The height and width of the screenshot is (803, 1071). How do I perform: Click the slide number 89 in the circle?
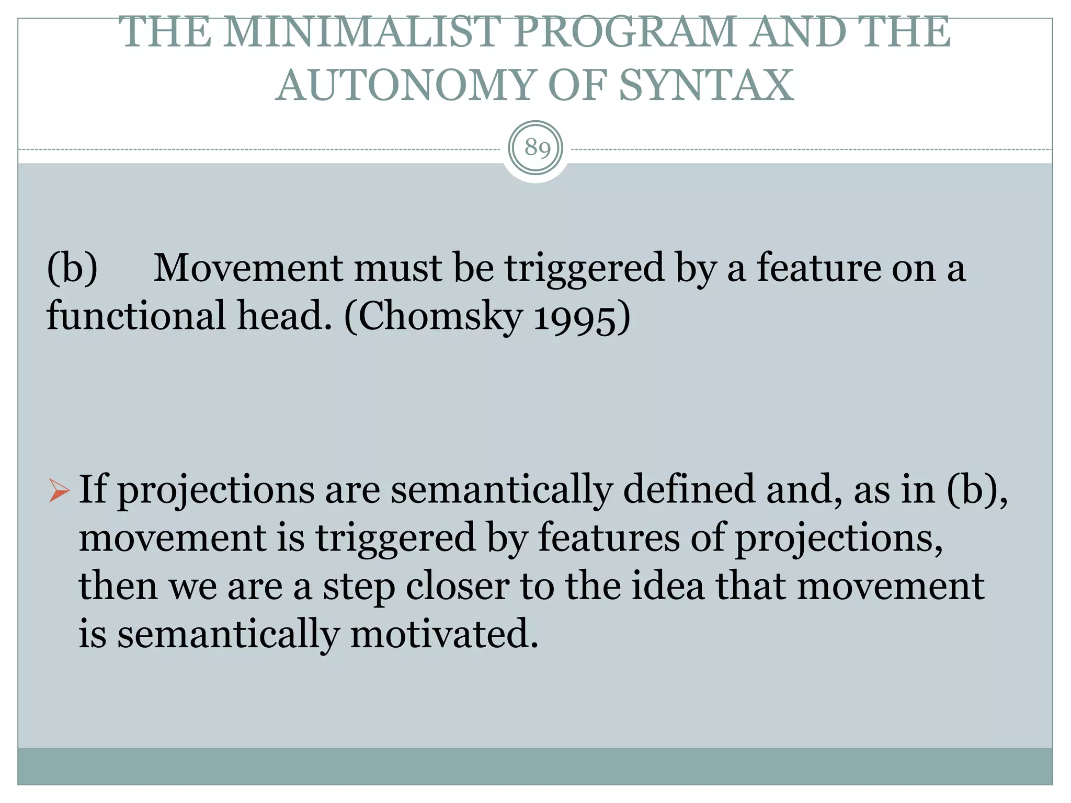click(537, 148)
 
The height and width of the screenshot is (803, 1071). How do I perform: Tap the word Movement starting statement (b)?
click(248, 268)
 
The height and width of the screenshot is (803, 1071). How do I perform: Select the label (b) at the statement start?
click(72, 268)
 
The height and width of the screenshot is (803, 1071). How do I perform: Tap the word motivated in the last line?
click(444, 634)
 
